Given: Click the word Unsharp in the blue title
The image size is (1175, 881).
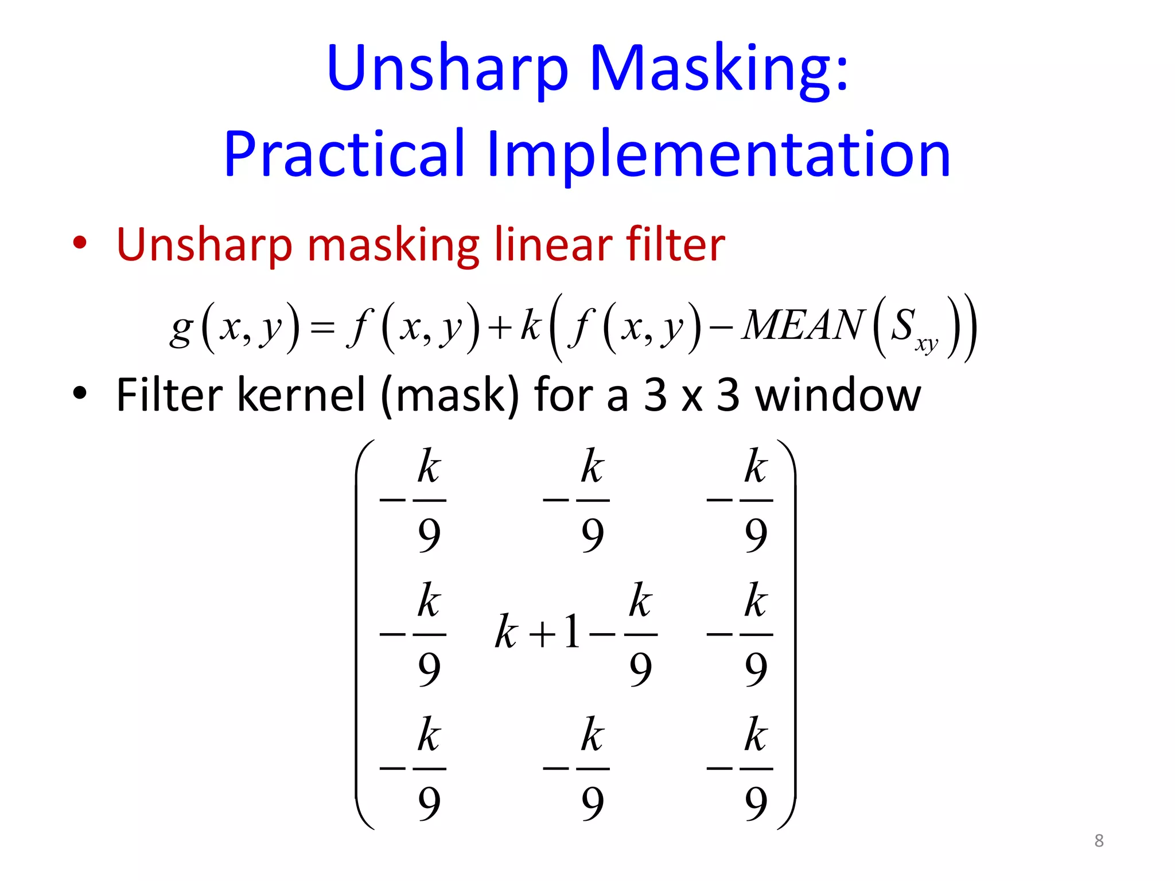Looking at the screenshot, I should tap(448, 69).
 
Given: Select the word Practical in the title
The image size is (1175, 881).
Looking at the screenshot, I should tap(344, 154).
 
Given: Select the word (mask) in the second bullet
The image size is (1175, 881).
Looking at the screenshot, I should tap(450, 396).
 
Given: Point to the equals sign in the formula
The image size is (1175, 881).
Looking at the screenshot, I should tap(322, 328).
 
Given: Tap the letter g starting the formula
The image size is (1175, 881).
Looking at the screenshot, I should tap(181, 329).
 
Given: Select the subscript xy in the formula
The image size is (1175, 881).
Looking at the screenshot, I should tap(927, 344).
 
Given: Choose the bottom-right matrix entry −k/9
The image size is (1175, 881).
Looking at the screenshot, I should tap(741, 768).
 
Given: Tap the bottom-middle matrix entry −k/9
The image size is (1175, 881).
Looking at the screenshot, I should tap(577, 768).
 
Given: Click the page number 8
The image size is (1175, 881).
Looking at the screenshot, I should tap(1099, 841).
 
